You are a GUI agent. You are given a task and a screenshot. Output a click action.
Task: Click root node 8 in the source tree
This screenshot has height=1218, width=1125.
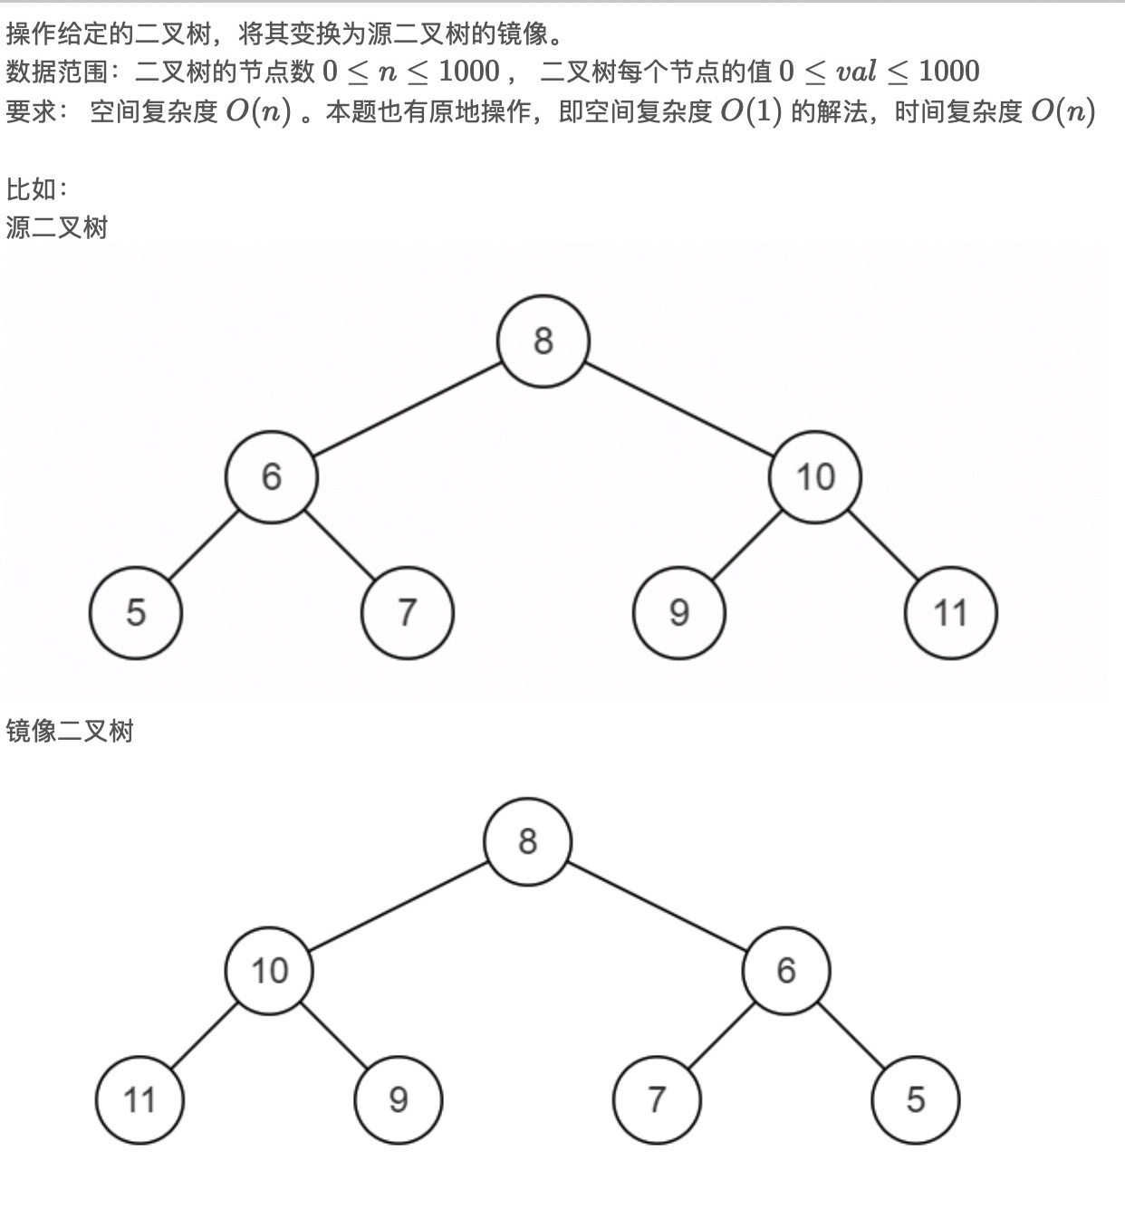[543, 341]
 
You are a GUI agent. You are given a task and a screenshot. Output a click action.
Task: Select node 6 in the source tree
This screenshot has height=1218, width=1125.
[272, 477]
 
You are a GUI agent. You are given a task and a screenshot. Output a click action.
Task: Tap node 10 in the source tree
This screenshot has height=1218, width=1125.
[814, 477]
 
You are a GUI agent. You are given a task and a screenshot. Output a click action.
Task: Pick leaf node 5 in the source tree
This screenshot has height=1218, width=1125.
[136, 613]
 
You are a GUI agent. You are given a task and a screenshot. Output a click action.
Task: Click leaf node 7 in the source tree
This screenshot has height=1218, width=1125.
[407, 613]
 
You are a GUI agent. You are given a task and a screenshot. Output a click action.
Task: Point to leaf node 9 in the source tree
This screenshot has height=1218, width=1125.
[679, 613]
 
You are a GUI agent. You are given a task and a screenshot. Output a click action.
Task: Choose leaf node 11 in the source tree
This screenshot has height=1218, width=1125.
[950, 613]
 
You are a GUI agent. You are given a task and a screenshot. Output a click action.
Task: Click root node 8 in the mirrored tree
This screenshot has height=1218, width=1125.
[528, 841]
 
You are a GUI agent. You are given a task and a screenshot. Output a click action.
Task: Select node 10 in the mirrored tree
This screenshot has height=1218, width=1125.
[269, 971]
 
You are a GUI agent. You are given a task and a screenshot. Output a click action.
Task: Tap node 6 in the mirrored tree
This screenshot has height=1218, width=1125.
[786, 971]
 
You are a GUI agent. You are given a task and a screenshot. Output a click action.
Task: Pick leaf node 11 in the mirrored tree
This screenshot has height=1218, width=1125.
[139, 1100]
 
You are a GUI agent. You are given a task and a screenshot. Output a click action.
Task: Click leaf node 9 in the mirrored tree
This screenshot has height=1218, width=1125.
[399, 1100]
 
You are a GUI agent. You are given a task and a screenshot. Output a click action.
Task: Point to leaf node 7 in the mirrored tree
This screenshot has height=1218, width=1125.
[657, 1100]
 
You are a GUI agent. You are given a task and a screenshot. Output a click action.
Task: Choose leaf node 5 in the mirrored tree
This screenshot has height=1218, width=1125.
[915, 1100]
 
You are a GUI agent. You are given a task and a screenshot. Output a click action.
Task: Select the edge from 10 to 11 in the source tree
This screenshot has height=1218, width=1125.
[883, 545]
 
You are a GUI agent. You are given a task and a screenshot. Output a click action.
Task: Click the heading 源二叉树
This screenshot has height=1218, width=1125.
[57, 226]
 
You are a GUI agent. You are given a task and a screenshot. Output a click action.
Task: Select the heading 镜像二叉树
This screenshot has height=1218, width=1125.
[70, 730]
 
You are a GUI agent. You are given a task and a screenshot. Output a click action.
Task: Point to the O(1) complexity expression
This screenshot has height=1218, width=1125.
[751, 111]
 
